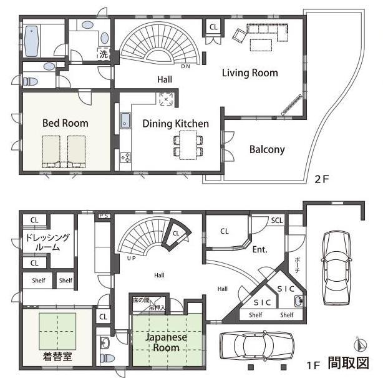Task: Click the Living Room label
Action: pos(250,73)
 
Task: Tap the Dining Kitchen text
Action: pos(175,124)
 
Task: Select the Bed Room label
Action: pos(65,123)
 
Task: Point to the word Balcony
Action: pos(267,149)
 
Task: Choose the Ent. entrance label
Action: pos(259,249)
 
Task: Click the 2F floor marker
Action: pos(321,179)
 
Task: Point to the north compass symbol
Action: pos(357,344)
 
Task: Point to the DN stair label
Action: pos(185,66)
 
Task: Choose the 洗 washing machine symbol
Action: pos(103,54)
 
